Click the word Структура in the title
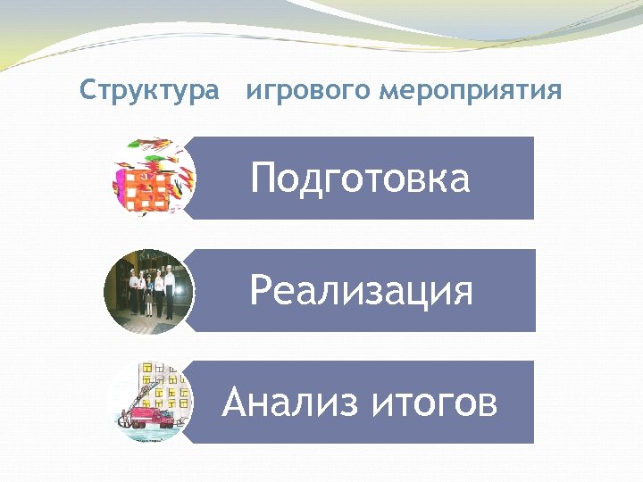coord(148,90)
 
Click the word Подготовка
coord(360,179)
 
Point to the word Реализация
coord(361,291)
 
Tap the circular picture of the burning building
coord(153,178)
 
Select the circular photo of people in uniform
coord(148,291)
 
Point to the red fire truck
coord(152,417)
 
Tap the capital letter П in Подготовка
coord(264,179)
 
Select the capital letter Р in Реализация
coord(260,291)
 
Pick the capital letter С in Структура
coord(87,90)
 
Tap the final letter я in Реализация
coord(462,293)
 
